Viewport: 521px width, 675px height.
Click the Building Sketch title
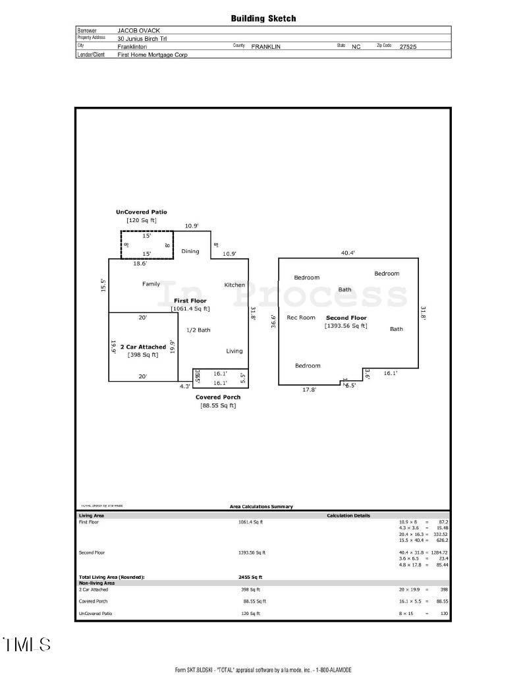263,18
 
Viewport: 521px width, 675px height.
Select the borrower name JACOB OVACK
140,30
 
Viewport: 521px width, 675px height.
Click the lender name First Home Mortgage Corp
152,55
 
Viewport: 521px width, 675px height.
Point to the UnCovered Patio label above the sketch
141,212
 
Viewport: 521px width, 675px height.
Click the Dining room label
190,251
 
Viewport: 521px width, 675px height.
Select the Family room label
151,284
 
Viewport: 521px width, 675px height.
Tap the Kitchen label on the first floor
234,285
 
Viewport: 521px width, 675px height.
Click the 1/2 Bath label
198,330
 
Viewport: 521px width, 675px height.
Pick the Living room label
234,351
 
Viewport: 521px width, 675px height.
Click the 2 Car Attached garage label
143,347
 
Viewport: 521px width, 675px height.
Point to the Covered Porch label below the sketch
218,397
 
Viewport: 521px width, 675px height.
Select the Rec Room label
301,317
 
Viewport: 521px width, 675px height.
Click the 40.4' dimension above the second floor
348,252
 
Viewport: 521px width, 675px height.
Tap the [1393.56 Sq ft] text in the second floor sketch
346,326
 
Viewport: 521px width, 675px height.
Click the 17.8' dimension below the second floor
309,390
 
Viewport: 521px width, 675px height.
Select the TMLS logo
27,644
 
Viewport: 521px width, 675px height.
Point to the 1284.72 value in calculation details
436,552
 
